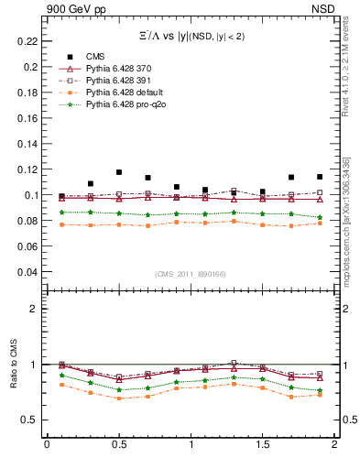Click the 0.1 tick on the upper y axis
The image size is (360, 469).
tap(31, 195)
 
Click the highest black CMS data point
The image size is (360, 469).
tap(119, 172)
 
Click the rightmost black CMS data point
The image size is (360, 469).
tap(320, 177)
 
